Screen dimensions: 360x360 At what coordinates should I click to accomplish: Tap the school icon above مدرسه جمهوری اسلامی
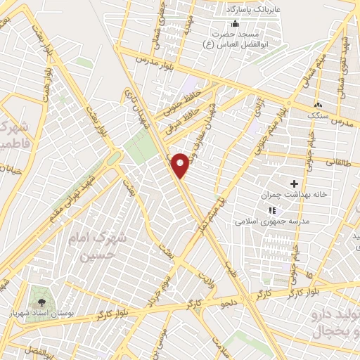(273, 210)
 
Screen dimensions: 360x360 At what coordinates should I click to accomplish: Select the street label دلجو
(230, 303)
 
